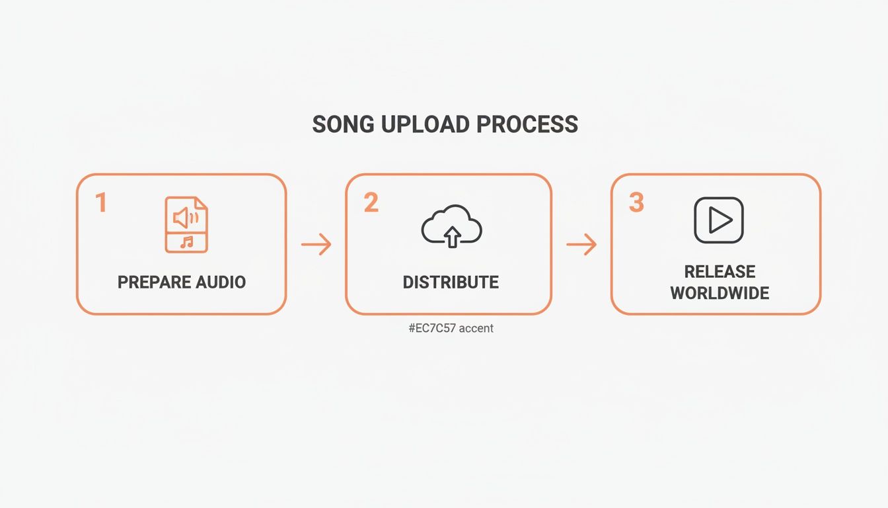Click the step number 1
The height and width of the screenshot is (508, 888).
click(x=101, y=203)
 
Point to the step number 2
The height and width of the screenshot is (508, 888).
click(x=371, y=203)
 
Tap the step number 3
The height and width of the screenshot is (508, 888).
click(x=636, y=203)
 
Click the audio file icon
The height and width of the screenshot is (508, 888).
click(x=186, y=224)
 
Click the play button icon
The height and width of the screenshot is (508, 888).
click(x=719, y=220)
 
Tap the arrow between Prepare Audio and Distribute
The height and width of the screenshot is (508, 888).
click(x=316, y=245)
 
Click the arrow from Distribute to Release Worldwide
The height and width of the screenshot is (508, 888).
click(x=581, y=245)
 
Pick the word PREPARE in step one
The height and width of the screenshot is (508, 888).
click(x=147, y=282)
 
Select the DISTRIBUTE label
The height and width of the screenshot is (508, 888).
click(x=451, y=282)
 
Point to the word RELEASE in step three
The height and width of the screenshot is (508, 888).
click(x=720, y=272)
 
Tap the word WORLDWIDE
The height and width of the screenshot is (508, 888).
click(x=720, y=293)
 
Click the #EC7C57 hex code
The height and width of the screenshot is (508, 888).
click(x=432, y=328)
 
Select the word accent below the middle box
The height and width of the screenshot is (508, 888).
click(x=476, y=328)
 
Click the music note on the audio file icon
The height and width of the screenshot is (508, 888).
click(x=187, y=242)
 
